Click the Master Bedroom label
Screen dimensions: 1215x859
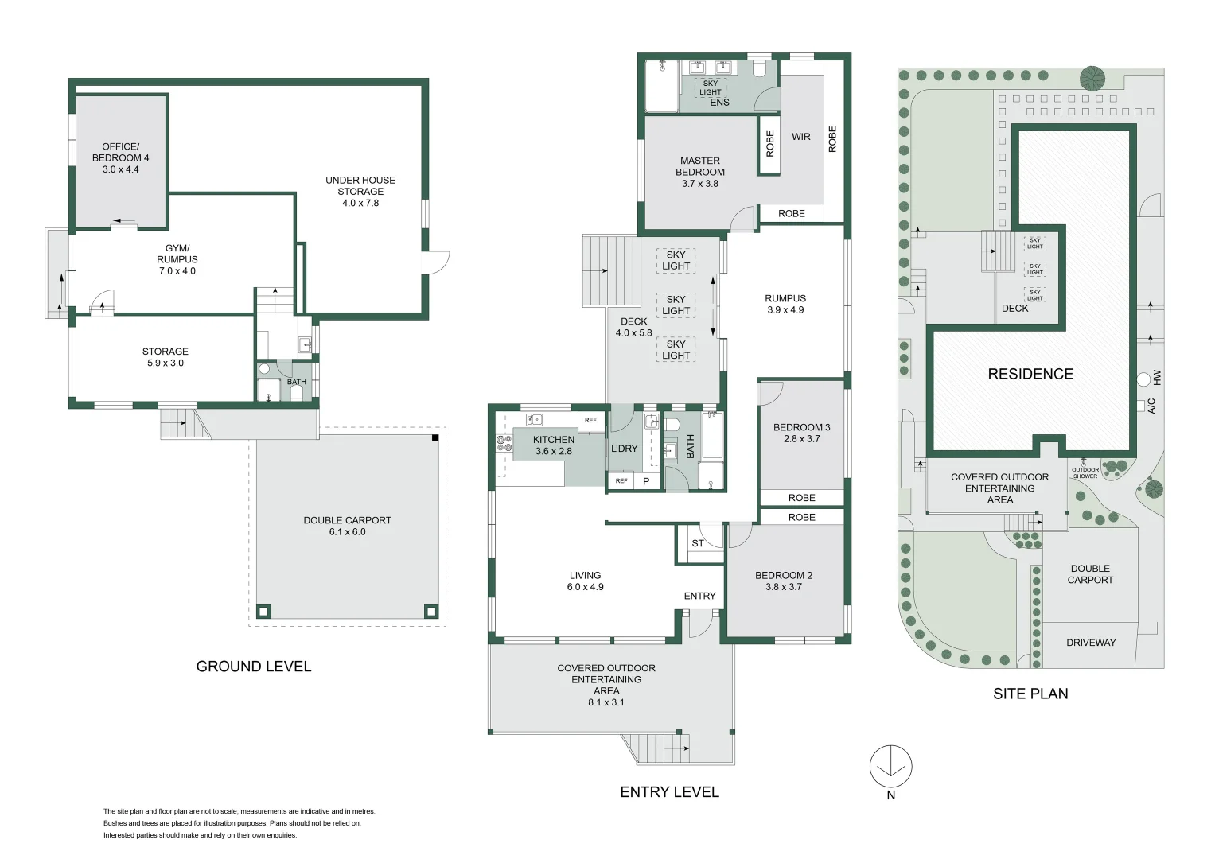[699, 172]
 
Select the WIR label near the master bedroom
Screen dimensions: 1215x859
[800, 137]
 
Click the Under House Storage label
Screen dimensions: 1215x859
[360, 192]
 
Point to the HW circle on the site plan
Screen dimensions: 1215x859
[1143, 379]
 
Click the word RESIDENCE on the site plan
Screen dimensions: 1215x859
[1030, 374]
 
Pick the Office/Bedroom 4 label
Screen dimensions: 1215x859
[120, 157]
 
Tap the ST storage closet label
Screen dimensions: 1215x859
[698, 543]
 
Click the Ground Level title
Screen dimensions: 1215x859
[253, 667]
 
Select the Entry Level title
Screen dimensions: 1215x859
[669, 791]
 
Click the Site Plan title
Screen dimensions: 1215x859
[1030, 694]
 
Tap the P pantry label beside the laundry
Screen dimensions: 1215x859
[646, 481]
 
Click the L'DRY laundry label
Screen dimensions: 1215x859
[624, 449]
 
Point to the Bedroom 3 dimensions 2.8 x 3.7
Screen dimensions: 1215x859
[802, 439]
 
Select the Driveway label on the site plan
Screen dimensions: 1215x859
[1091, 643]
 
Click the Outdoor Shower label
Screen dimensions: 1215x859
[1085, 473]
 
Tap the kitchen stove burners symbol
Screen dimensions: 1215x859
[504, 444]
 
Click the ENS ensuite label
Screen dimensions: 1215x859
[719, 103]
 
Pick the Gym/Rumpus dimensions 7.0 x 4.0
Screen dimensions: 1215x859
[177, 271]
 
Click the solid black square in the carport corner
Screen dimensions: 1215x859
[435, 437]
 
